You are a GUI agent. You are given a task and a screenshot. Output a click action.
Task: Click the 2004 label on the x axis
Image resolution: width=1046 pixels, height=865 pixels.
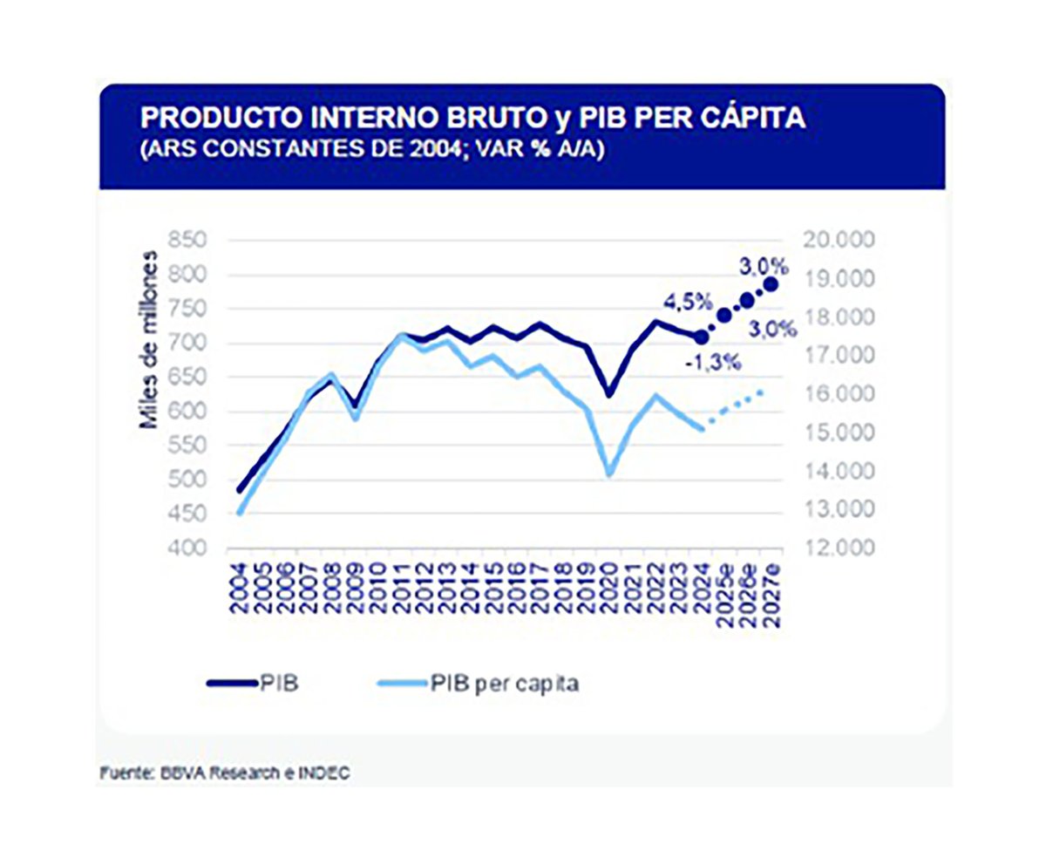[239, 591]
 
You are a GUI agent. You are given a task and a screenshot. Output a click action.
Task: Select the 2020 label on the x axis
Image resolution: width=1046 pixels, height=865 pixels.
[609, 591]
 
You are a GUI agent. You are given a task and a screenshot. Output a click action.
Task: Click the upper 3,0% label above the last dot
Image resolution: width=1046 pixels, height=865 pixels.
[764, 264]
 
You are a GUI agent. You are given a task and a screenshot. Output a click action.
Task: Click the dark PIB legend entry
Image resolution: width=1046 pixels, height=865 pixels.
[277, 683]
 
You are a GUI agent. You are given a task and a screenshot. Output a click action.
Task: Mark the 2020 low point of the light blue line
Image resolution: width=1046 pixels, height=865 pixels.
[609, 475]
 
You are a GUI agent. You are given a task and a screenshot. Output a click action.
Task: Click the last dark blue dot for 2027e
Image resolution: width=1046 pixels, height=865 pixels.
[771, 284]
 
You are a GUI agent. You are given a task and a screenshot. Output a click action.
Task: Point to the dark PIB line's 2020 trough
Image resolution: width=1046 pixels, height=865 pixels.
[609, 395]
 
